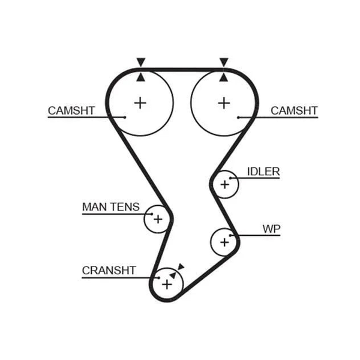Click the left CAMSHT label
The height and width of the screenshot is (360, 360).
click(71, 110)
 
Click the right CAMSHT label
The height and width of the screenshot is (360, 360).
click(294, 110)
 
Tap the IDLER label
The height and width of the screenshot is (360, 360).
click(263, 172)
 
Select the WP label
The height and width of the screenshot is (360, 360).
click(271, 229)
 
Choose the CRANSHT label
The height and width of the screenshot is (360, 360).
click(109, 271)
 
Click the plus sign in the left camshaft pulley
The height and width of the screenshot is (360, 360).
click(140, 103)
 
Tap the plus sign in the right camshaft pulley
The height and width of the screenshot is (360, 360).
click(224, 103)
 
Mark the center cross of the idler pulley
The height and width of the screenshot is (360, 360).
click(225, 185)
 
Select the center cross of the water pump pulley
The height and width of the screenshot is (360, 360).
click(224, 242)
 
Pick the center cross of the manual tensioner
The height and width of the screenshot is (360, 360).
click(158, 219)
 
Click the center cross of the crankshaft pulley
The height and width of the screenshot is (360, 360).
click(167, 284)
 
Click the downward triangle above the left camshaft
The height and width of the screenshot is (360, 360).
click(141, 62)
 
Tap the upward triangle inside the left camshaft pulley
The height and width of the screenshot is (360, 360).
click(141, 77)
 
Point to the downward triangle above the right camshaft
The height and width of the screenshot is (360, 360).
click(224, 62)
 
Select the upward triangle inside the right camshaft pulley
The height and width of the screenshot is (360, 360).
click(224, 77)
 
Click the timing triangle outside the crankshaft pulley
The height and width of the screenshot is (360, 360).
click(181, 266)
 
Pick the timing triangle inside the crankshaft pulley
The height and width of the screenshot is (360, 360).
click(173, 275)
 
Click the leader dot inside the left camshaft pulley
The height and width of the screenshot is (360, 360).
click(125, 118)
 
